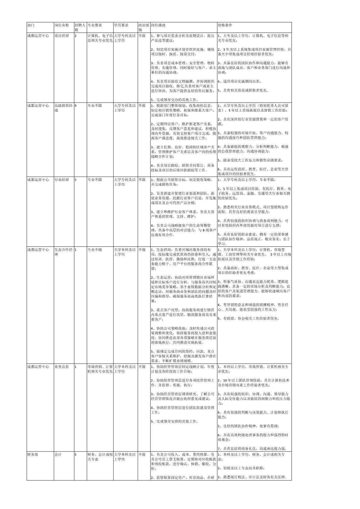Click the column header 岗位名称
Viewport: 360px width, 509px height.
(x=62, y=25)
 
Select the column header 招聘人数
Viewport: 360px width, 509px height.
(x=80, y=27)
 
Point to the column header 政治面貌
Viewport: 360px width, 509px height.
(x=144, y=27)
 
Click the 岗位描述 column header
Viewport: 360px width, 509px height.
(x=158, y=25)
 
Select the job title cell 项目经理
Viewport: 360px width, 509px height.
(x=62, y=36)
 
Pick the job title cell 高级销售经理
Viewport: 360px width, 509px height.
(x=63, y=108)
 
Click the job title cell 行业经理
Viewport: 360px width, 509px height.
(x=62, y=180)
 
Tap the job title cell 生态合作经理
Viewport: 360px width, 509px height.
(x=63, y=252)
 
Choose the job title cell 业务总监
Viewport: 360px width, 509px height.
(x=62, y=367)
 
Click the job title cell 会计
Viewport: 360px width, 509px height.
(x=58, y=455)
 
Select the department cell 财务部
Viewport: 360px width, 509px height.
(x=33, y=455)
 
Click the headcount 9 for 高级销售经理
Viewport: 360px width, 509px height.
(x=76, y=105)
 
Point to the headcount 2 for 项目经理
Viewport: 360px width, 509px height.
(x=76, y=36)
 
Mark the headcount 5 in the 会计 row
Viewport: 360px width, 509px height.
(x=76, y=455)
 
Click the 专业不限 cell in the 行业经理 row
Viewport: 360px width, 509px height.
(x=95, y=180)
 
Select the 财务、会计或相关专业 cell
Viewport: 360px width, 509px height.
(x=100, y=457)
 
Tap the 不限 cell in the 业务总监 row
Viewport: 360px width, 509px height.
(x=142, y=367)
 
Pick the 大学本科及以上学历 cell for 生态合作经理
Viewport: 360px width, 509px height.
(x=125, y=252)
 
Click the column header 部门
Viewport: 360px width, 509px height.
(x=31, y=25)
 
